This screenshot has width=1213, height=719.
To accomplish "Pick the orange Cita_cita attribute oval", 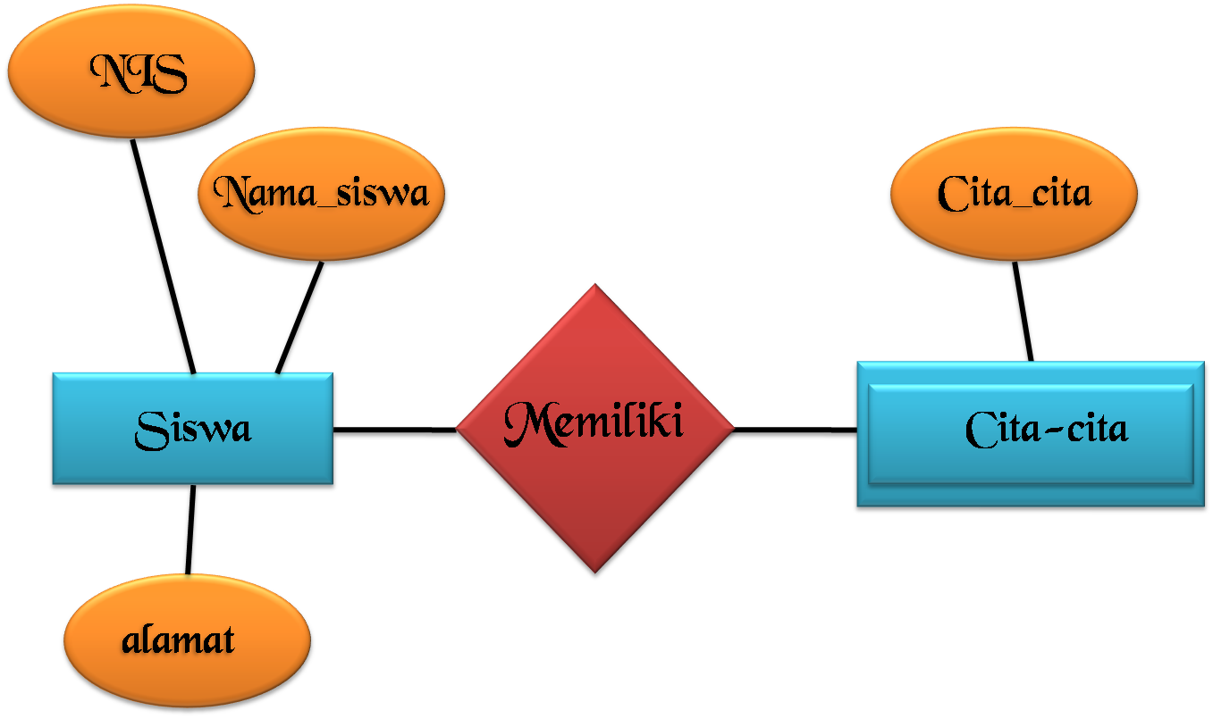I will pos(1015,194).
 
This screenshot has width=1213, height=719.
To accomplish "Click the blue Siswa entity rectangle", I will pos(192,430).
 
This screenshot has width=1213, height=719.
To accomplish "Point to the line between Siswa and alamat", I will pos(190,531).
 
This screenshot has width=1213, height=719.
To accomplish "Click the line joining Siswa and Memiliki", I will pos(395,433).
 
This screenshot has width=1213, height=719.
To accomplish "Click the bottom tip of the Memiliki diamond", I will pos(594,574).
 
